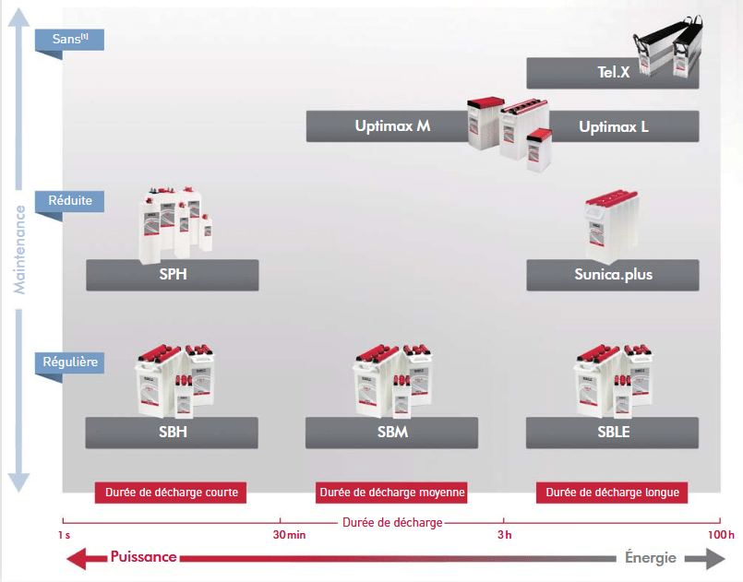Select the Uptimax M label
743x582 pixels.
coord(392,126)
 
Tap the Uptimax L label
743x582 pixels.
coord(614,126)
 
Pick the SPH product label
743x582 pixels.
coord(173,275)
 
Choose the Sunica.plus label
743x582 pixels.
coord(613,275)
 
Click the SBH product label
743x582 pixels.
coord(173,433)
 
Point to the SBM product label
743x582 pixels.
coord(392,433)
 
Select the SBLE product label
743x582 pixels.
coord(613,433)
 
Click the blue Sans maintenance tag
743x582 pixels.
coord(68,40)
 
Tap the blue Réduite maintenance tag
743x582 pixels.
coord(70,199)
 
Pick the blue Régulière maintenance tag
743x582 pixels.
coord(70,362)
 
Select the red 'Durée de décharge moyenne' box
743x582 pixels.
coord(391,493)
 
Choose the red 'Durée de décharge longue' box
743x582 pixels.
coord(612,493)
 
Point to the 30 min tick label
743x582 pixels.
coord(290,535)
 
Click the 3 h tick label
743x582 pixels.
coord(504,535)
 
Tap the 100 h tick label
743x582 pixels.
coord(721,535)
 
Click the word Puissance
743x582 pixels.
coord(143,557)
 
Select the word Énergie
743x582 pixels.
coord(651,557)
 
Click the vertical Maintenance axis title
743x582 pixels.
coord(19,249)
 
